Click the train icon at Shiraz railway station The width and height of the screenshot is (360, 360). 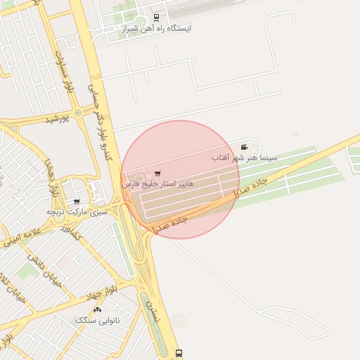point(156,18)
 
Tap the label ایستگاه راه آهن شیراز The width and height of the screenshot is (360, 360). point(156,29)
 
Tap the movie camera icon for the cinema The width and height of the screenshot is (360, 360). point(244,147)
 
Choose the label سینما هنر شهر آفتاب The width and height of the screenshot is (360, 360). point(245,158)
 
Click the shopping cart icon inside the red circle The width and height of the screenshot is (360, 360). point(157,173)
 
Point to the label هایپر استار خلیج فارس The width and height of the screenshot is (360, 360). point(157,184)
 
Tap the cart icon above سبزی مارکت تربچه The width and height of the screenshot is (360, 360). point(77,202)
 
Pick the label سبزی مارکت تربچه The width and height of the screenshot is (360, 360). point(77,212)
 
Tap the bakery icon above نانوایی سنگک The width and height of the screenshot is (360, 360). point(97,309)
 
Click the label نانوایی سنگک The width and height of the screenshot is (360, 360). point(98,320)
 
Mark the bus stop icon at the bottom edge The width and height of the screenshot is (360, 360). point(179,353)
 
